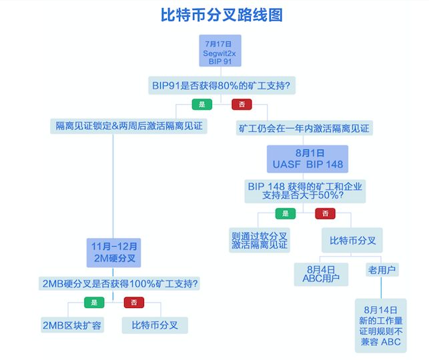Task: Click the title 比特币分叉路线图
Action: pos(222,15)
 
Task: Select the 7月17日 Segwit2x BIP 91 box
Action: pos(220,51)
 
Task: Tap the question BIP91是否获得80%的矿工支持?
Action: pos(222,85)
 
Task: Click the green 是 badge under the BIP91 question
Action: pos(202,104)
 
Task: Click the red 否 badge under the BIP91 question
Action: pos(242,104)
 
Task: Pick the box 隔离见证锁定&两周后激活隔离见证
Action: pos(129,126)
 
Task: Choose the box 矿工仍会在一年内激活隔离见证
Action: pos(304,128)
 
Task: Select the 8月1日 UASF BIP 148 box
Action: pos(308,159)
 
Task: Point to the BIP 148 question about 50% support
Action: pos(305,191)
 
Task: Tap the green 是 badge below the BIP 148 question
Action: pos(286,213)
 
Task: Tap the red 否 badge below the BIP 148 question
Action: pos(325,213)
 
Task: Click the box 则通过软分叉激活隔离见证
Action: pos(260,240)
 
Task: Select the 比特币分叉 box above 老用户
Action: pos(352,240)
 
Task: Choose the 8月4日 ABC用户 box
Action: pos(321,274)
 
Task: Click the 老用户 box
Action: pos(382,270)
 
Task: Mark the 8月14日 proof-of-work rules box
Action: pos(381,325)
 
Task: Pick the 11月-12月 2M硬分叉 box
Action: pos(114,253)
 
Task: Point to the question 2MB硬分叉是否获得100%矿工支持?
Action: pos(119,283)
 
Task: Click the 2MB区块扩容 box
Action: pos(72,325)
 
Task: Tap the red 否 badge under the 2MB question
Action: pos(134,302)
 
